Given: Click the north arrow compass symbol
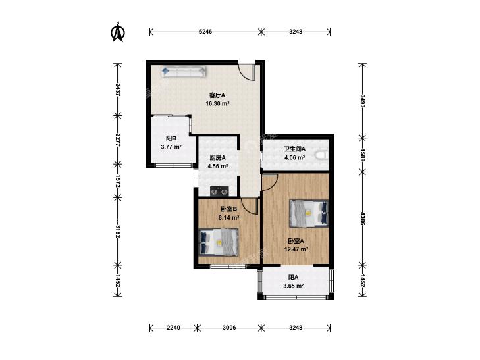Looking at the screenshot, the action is (x=117, y=32).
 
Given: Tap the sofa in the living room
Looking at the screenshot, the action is (x=183, y=72).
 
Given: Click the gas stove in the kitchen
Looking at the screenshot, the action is (x=219, y=191).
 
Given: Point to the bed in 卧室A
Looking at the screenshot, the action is (x=309, y=213).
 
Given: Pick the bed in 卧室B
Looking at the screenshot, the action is (x=218, y=242).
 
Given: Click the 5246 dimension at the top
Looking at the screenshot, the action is (x=205, y=31).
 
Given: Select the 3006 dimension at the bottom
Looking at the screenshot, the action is (x=229, y=328).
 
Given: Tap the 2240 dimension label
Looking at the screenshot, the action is (x=173, y=328).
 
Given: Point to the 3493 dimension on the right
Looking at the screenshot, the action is (x=362, y=101).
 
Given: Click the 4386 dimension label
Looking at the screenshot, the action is (x=362, y=219).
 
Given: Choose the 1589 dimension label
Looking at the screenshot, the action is (x=362, y=155).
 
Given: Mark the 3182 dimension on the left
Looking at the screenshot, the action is (x=118, y=232).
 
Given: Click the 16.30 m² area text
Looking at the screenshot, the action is (x=217, y=103).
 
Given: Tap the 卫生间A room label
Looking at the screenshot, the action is (x=294, y=149).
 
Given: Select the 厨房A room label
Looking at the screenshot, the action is (x=218, y=158).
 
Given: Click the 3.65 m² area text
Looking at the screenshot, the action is (x=293, y=286).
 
